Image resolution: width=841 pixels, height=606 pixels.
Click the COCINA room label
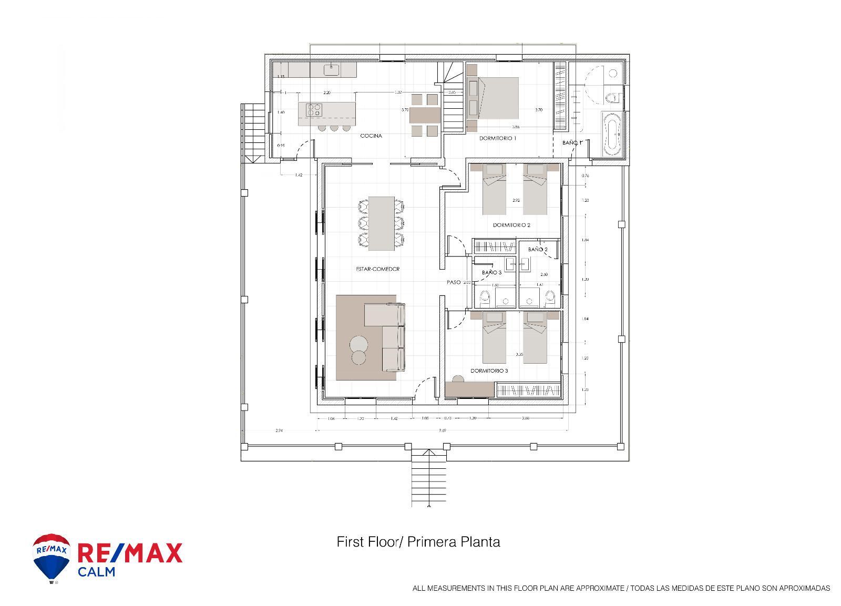371,136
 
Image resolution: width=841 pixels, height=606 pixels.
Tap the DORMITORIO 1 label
497,138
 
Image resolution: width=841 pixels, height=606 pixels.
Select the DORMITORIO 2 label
511,225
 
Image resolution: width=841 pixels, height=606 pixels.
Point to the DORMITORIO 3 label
489,371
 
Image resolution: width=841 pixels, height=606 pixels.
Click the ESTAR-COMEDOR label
377,269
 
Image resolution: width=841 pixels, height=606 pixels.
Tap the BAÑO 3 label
491,272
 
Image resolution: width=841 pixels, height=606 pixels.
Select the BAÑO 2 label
538,249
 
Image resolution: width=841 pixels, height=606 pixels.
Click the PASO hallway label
453,282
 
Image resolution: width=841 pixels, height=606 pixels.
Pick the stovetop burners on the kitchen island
314,109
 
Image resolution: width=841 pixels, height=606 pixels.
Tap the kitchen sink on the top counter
332,68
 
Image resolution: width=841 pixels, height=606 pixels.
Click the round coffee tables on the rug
359,350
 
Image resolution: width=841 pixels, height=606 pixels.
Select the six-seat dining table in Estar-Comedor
382,223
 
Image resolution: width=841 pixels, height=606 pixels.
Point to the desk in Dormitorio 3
469,389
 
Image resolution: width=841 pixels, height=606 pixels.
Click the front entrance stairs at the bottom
429,481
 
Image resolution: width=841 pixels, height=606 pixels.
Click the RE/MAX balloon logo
51,557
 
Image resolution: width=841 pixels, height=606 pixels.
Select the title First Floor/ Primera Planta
418,541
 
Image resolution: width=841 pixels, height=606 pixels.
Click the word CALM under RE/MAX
96,571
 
